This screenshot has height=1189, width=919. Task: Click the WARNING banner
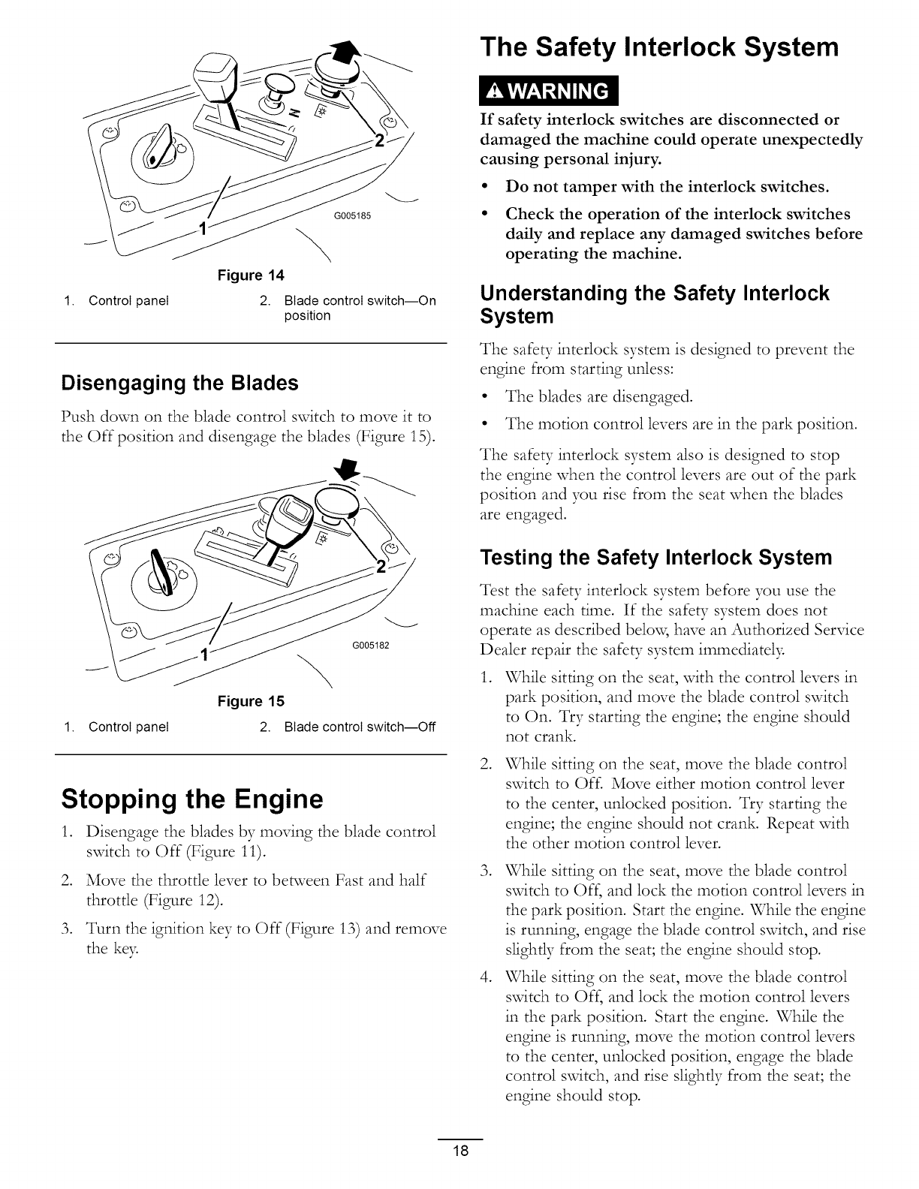click(x=547, y=91)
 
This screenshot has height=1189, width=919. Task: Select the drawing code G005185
click(x=351, y=217)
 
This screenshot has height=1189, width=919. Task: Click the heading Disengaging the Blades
click(x=180, y=383)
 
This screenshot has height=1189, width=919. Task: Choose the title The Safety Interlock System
click(x=659, y=47)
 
